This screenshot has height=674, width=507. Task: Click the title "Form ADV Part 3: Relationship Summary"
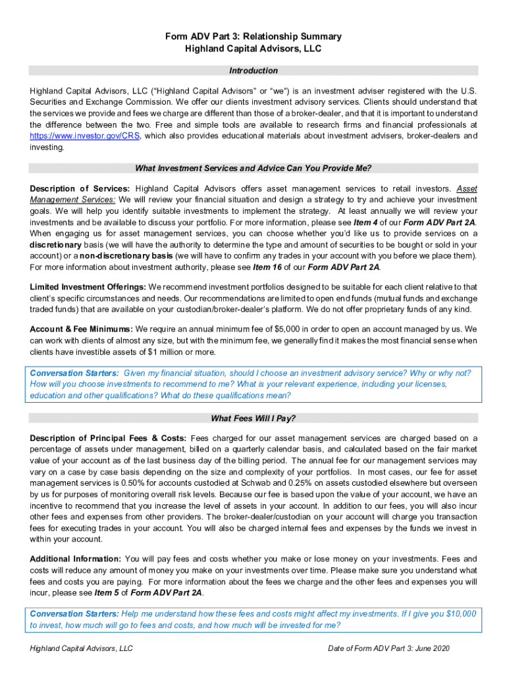[254, 36]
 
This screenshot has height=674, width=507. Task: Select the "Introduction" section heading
[254, 70]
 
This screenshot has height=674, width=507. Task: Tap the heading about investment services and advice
[254, 167]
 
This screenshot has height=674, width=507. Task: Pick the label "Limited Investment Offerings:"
[88, 287]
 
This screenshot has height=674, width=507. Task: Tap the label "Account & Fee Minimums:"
[81, 328]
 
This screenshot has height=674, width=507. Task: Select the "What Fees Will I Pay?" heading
[254, 418]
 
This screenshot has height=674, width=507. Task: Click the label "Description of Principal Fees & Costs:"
[109, 438]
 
